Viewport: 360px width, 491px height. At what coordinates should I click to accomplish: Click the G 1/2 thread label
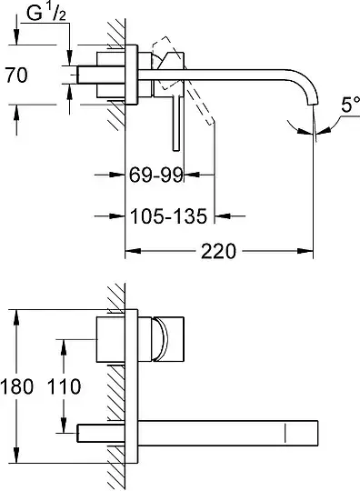[x=46, y=14]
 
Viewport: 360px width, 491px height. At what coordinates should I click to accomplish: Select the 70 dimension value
[x=16, y=75]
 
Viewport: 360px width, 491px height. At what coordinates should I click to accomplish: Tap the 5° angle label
[x=350, y=105]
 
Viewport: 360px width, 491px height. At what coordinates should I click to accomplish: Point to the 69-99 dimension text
[x=155, y=175]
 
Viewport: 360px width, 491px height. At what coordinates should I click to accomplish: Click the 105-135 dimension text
[x=168, y=216]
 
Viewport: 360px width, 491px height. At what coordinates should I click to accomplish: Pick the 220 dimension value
[x=218, y=251]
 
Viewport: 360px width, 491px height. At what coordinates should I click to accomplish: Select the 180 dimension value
[x=16, y=386]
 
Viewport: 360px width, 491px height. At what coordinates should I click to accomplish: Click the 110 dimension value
[x=64, y=386]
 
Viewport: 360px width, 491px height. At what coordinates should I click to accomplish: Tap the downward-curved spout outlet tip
[x=313, y=104]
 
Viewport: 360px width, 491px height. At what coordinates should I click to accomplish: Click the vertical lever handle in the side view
[x=176, y=123]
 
